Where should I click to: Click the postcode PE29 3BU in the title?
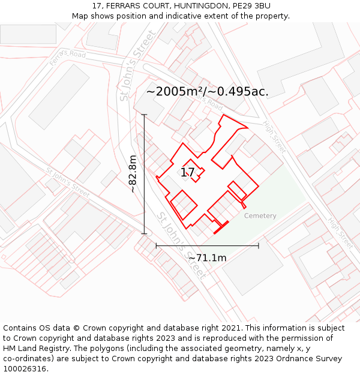pyautogui.click(x=248, y=6)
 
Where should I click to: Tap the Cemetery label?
pyautogui.click(x=260, y=216)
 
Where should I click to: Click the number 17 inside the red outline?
pyautogui.click(x=188, y=173)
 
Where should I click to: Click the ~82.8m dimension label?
pyautogui.click(x=133, y=174)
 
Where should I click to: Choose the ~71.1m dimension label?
pyautogui.click(x=207, y=258)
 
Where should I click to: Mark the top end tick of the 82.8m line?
pyautogui.click(x=144, y=114)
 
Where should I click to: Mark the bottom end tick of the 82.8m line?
pyautogui.click(x=144, y=233)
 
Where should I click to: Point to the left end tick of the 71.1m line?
pyautogui.click(x=156, y=245)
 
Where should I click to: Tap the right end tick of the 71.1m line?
pyautogui.click(x=259, y=245)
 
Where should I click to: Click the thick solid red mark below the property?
pyautogui.click(x=221, y=227)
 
